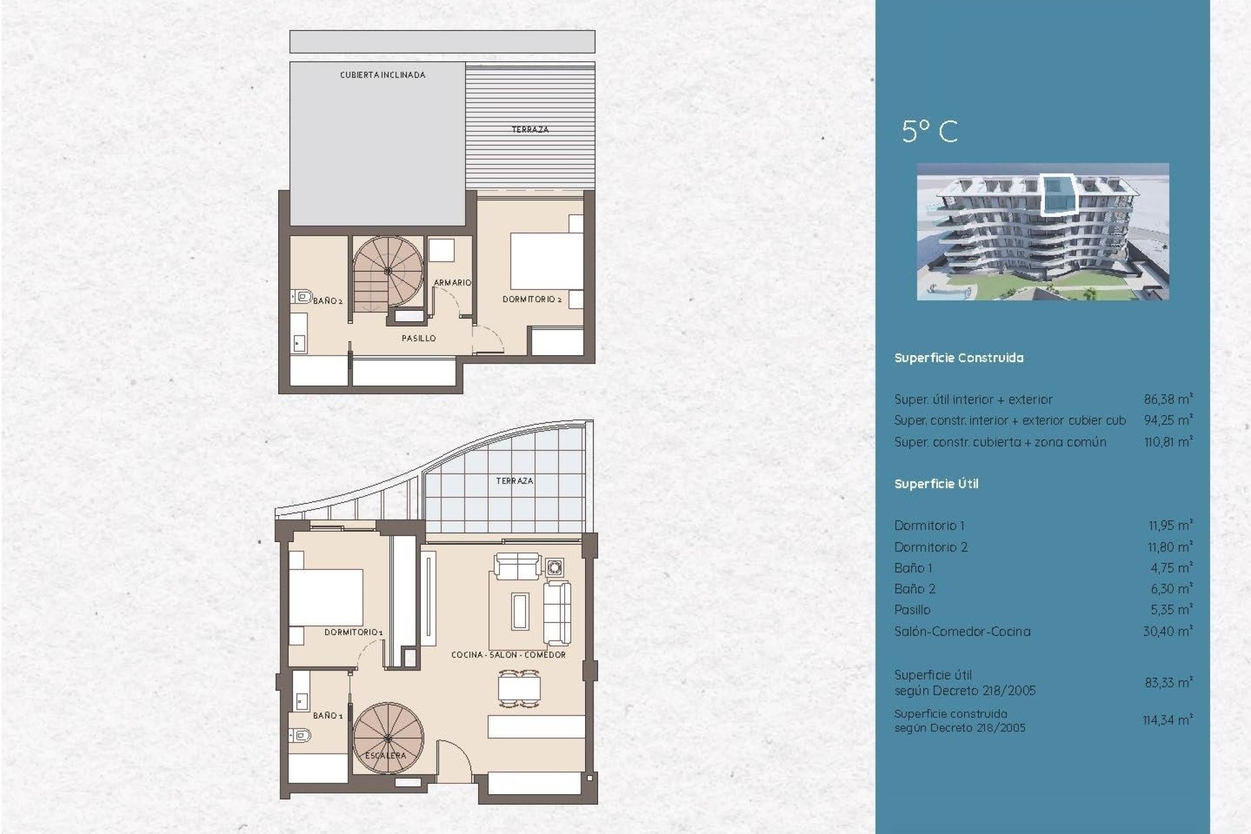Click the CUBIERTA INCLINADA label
point(382,75)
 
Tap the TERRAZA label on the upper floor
point(530,130)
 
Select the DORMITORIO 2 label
point(532,299)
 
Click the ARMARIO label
point(452,283)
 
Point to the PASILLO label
point(418,338)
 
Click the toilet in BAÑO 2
point(302,297)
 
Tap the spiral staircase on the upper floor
point(388,271)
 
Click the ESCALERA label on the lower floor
point(386,755)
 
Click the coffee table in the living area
point(520,611)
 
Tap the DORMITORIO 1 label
point(354,632)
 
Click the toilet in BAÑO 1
point(302,736)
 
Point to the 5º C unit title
point(930,132)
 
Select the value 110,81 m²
point(1168,442)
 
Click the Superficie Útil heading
point(936,483)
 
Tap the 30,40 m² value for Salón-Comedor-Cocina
point(1168,631)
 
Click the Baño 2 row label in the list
point(915,589)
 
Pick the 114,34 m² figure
point(1168,720)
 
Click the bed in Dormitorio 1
point(326,597)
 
